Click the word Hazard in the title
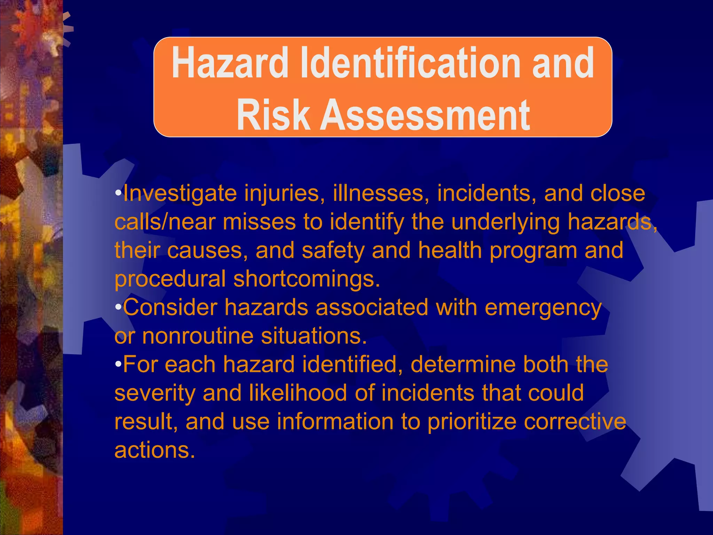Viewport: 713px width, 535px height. click(x=230, y=63)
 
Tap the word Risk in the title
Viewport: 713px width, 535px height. click(x=273, y=115)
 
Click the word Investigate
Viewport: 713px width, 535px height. click(x=180, y=194)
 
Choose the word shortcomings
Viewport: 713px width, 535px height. click(x=306, y=279)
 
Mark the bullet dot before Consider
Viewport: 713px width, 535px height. click(x=118, y=308)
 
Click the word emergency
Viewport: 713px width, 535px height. click(x=543, y=308)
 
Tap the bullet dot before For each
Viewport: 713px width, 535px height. click(x=118, y=365)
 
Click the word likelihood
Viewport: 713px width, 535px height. click(x=298, y=393)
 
